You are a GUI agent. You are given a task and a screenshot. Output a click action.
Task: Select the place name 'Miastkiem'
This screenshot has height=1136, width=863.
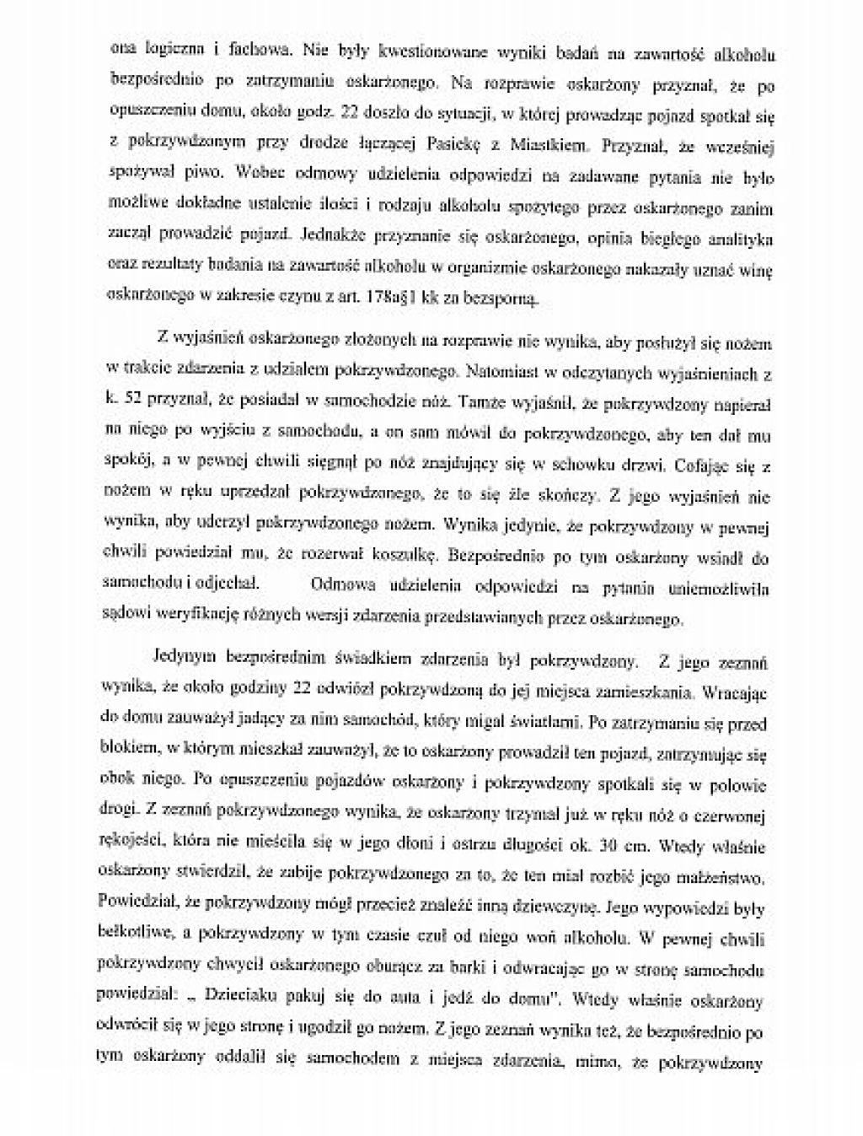(x=548, y=145)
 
